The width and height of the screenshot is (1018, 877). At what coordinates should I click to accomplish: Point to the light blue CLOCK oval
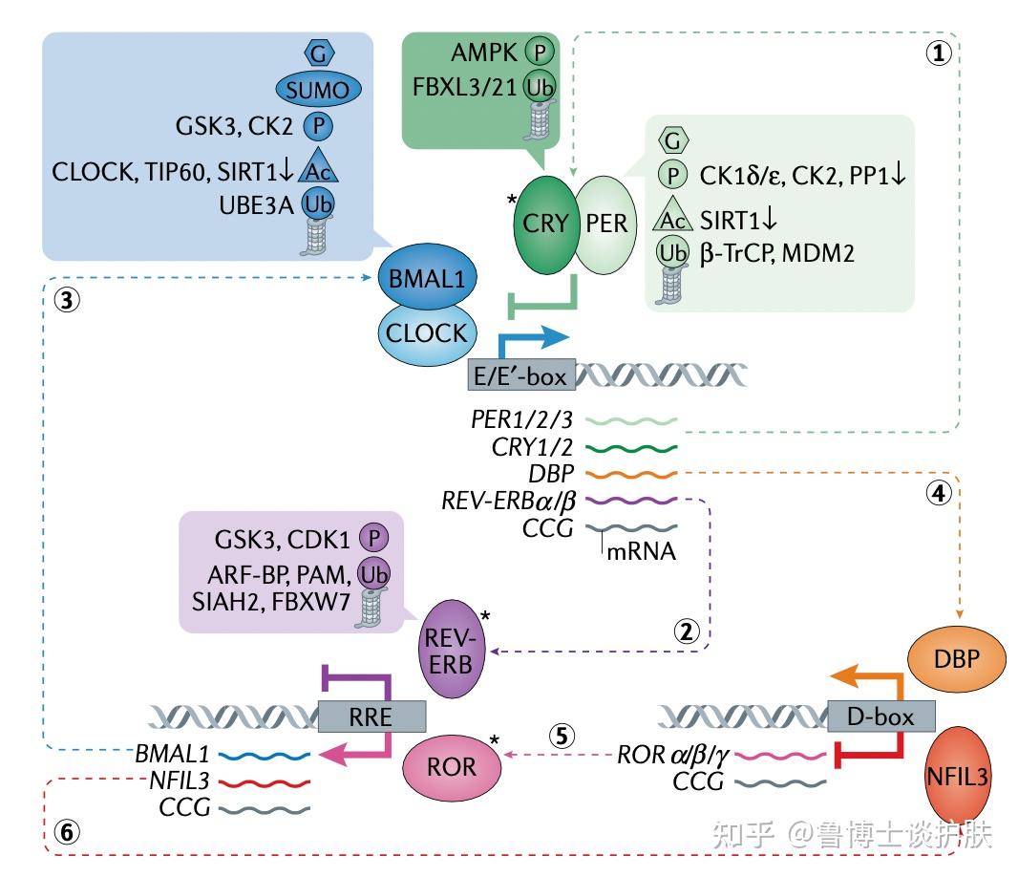click(x=426, y=333)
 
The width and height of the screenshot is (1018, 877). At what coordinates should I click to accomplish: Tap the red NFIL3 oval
click(x=968, y=776)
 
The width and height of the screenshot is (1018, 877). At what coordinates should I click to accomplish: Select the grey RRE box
click(x=372, y=716)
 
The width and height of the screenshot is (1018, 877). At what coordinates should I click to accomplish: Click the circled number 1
click(x=940, y=53)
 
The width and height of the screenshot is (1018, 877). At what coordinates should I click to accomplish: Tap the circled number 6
click(x=65, y=833)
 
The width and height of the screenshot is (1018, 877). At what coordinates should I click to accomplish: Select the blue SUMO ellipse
click(x=318, y=89)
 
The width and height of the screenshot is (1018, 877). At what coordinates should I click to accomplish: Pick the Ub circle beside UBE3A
click(x=317, y=203)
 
